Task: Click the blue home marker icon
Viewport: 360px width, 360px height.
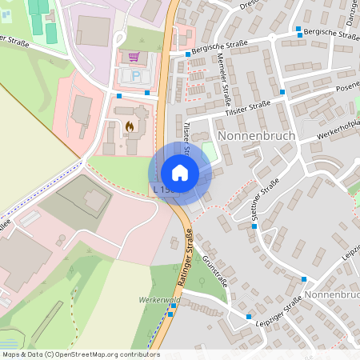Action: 180,173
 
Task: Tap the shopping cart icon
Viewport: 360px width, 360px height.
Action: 134,58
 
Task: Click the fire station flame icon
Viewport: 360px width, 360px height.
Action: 130,126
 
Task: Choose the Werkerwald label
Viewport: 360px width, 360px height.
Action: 156,300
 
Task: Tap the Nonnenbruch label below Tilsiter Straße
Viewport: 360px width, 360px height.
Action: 256,136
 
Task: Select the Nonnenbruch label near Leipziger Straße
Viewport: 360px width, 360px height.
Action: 332,294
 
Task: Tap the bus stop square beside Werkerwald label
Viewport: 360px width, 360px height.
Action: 170,314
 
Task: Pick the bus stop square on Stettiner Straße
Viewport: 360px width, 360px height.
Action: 254,226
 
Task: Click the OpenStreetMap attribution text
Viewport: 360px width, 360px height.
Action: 80,354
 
